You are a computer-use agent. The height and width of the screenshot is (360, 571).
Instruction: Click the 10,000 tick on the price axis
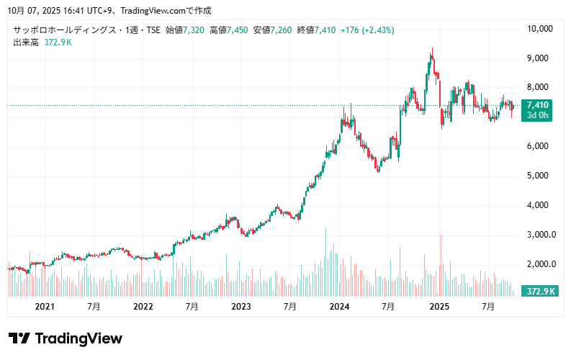click(x=539, y=29)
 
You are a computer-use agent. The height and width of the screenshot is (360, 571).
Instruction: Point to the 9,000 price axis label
click(x=539, y=58)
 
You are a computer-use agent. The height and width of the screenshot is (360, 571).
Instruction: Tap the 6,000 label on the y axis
click(x=539, y=146)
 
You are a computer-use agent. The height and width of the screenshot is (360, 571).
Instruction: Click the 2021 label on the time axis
click(x=45, y=307)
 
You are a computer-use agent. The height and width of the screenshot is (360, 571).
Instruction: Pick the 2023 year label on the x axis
click(x=241, y=307)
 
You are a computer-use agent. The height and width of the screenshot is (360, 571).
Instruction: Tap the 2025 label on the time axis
click(x=439, y=307)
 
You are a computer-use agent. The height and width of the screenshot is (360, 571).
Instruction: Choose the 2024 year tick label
click(x=340, y=307)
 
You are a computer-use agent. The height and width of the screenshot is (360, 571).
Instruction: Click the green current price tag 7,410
click(x=537, y=105)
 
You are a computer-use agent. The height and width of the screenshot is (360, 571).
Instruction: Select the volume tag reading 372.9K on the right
click(x=541, y=292)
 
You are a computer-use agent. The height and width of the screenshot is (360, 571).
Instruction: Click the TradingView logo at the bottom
click(x=66, y=338)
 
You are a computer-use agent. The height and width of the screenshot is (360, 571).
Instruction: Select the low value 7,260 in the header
click(x=282, y=30)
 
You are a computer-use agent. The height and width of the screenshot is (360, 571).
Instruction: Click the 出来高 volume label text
click(x=26, y=42)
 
